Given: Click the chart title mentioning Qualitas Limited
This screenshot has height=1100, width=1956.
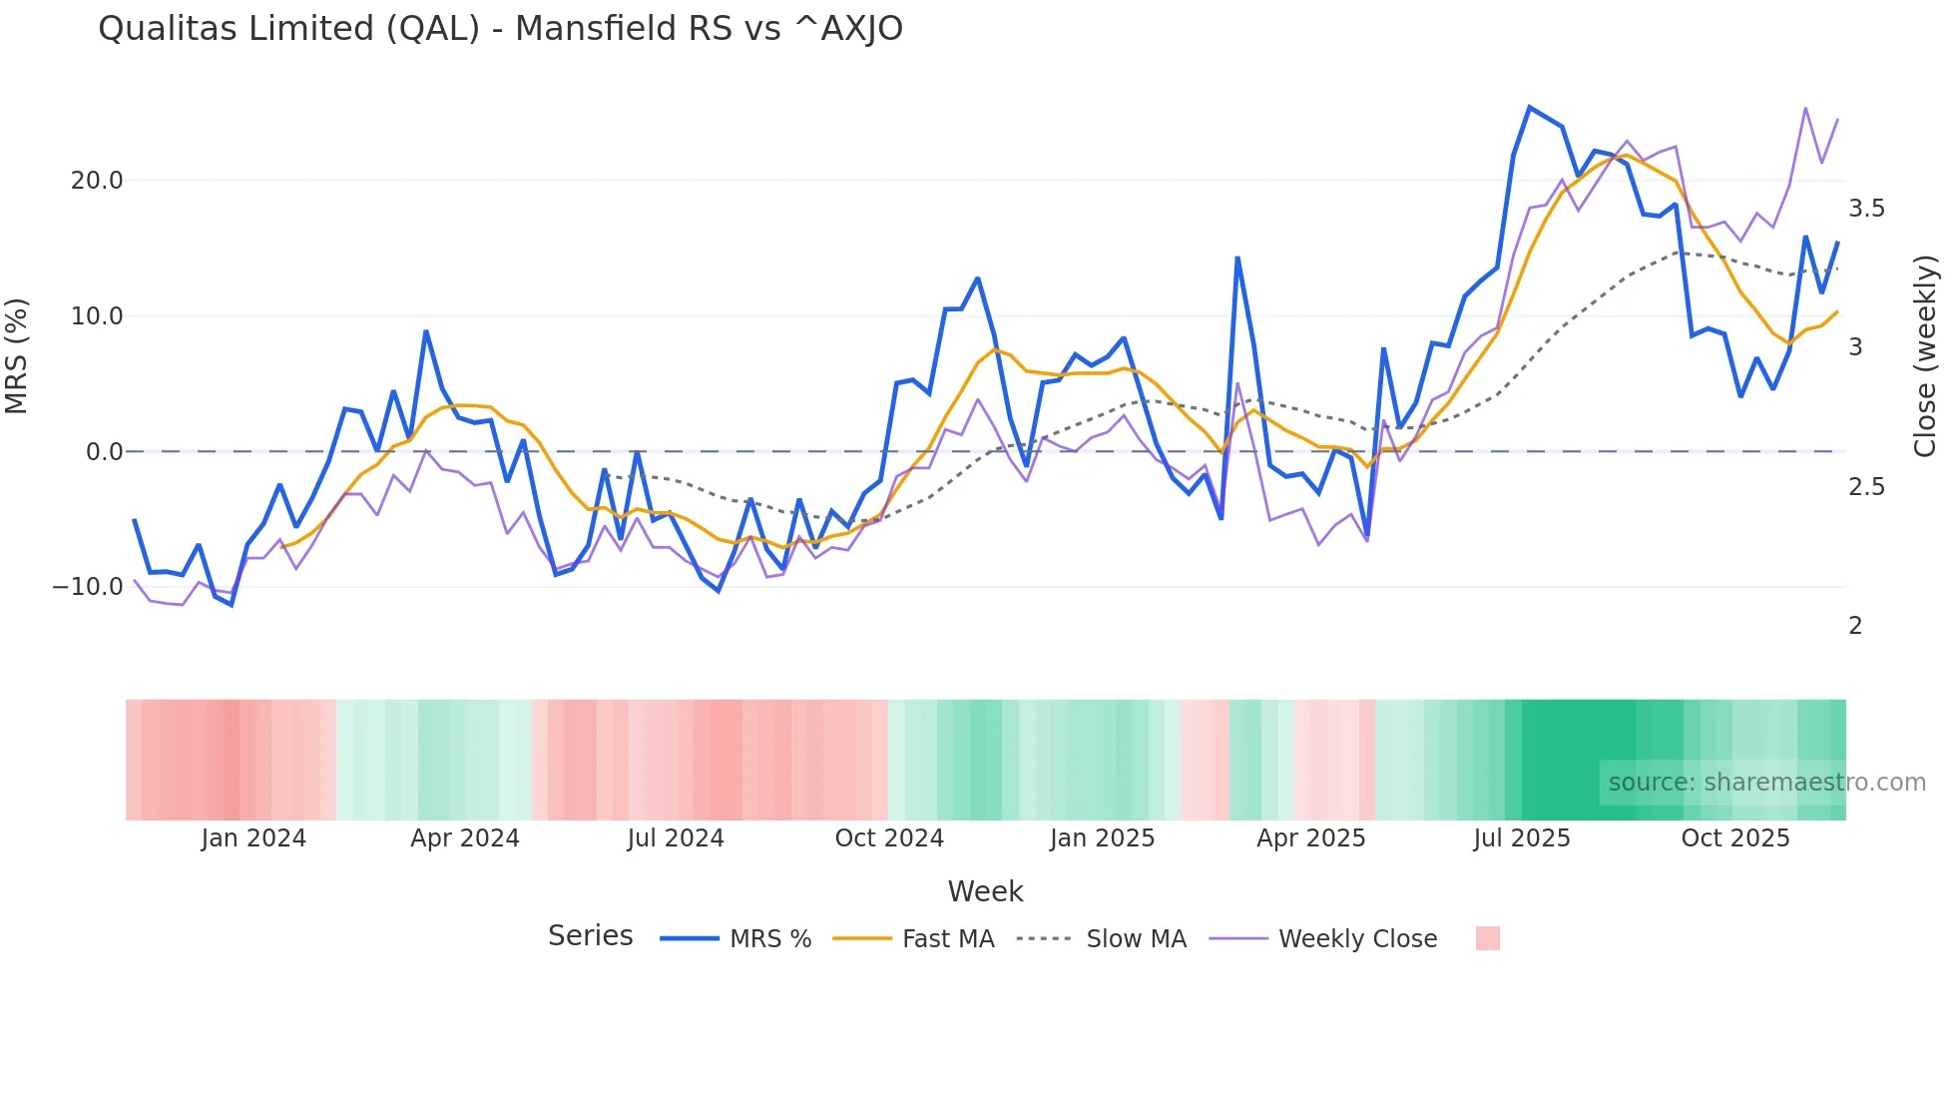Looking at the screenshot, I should coord(500,29).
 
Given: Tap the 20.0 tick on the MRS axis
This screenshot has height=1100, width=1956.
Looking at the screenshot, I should coord(97,181).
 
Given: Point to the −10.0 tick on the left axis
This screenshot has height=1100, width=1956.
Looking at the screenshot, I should coord(88,587).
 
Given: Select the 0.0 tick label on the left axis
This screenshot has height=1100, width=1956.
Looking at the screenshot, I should coord(104,452).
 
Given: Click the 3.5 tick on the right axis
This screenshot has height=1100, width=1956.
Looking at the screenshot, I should coord(1866,209).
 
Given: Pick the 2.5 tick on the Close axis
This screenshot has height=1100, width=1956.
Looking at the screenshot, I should coord(1866,487).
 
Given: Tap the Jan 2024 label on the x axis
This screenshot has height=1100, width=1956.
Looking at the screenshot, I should coord(253,838).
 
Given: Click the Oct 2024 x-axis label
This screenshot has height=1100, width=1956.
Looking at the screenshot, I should coord(889,838).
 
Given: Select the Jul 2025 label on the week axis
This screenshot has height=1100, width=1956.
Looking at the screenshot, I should coord(1522,838).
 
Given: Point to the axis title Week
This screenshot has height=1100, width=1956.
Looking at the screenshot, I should coord(985,891).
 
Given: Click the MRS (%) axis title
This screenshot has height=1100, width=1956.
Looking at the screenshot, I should coord(17,356).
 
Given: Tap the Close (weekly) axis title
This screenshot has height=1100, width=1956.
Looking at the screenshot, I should coord(1925,356).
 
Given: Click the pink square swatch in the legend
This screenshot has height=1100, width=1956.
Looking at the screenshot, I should coord(1487,938).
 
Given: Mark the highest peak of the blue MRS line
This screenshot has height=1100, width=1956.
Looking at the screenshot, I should coord(1529,107).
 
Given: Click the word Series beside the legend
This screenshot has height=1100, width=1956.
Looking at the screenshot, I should coord(590,936).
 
